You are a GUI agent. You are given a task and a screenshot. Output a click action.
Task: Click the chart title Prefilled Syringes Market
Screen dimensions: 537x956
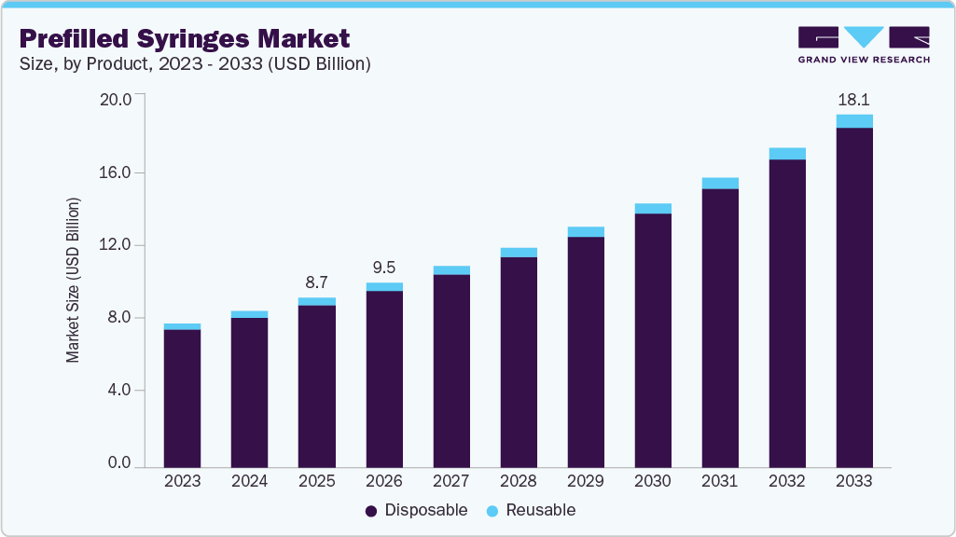(185, 38)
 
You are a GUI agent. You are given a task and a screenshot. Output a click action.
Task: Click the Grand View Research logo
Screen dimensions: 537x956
(864, 45)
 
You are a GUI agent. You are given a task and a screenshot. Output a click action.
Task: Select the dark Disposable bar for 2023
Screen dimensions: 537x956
(182, 398)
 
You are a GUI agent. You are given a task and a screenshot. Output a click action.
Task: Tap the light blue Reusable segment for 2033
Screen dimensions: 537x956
(853, 121)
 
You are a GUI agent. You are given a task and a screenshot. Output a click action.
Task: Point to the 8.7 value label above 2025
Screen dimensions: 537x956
(316, 282)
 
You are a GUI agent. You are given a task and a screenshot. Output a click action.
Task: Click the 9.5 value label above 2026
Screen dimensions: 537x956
(384, 267)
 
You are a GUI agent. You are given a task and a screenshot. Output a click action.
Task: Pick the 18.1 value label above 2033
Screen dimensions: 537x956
(853, 99)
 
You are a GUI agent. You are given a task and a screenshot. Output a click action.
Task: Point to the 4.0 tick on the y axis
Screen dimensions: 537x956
(118, 390)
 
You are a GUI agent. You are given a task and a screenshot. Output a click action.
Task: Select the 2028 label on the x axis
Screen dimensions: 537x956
(519, 482)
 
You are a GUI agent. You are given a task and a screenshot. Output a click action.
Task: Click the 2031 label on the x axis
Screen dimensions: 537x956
(719, 482)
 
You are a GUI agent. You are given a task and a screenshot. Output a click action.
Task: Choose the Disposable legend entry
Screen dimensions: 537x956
(416, 510)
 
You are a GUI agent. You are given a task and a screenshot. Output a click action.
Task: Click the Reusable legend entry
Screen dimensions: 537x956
(533, 510)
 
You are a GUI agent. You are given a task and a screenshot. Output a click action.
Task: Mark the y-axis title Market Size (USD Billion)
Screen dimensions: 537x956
(74, 280)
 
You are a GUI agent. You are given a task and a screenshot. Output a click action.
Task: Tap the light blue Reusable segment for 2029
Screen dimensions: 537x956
(586, 231)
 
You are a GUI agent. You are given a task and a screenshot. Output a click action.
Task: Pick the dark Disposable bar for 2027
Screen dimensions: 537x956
(451, 371)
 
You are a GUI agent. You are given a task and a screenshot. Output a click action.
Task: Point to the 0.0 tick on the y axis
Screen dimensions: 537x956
(118, 463)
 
